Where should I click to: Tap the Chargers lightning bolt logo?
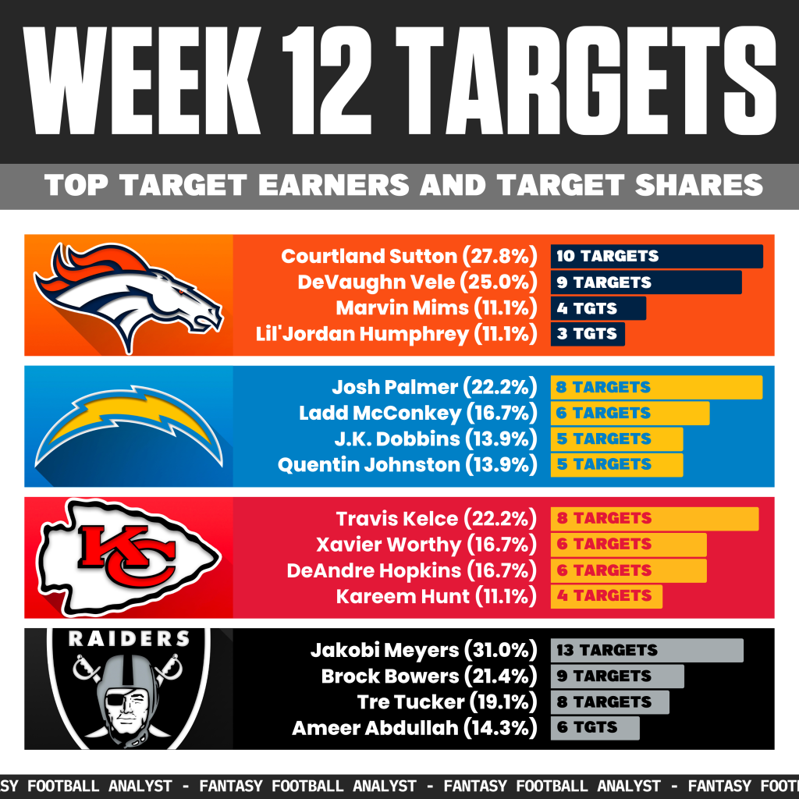[x=129, y=426]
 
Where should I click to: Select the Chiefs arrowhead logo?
[x=129, y=556]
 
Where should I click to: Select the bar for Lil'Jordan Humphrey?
[x=588, y=334]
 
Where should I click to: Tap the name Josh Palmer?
[x=394, y=388]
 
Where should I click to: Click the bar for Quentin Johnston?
[x=617, y=465]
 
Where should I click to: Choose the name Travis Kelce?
[x=397, y=519]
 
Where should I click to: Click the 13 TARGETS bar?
[x=647, y=651]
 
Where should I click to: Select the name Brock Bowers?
[x=390, y=676]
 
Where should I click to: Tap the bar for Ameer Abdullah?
[x=595, y=728]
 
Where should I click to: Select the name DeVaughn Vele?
[x=378, y=282]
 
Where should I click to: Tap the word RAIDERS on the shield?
[x=129, y=639]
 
